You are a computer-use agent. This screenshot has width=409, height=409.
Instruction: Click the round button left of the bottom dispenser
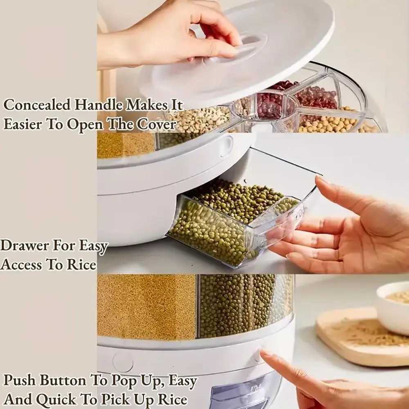(123, 362)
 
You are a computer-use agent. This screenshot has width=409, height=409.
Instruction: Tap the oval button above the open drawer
(226, 146)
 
